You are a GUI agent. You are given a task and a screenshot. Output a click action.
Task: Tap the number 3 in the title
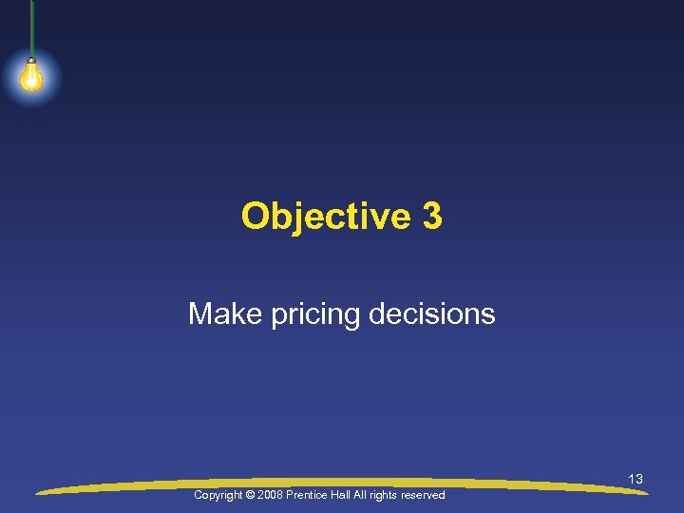point(432,217)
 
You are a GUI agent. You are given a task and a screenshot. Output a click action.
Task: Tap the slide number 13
point(636,480)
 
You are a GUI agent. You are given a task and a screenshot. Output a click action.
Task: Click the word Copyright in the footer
point(218,496)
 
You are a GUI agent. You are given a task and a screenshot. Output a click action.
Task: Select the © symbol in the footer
point(251,496)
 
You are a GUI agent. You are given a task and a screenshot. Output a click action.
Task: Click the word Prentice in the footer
point(311,496)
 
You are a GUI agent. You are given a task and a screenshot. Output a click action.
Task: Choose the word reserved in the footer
point(424,496)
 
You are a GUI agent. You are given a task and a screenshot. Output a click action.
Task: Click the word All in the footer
point(364,496)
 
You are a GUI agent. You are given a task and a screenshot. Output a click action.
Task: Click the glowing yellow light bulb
point(30,76)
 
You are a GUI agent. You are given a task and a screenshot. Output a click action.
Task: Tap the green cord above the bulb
point(31,28)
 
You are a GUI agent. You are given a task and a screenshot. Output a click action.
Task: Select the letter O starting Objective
point(255,217)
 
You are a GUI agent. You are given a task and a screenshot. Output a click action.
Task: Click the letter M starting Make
point(199,313)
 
